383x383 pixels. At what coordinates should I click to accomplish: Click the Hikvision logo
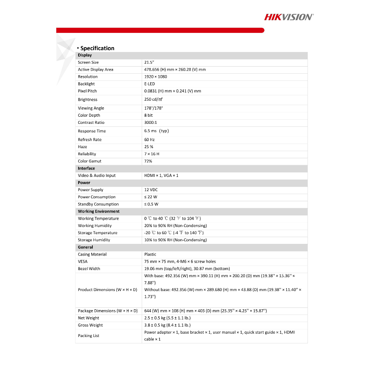click(289, 17)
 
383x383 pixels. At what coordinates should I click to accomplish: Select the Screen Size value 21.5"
click(149, 62)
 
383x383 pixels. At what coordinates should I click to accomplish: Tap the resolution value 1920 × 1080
click(156, 77)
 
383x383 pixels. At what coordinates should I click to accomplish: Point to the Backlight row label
click(86, 84)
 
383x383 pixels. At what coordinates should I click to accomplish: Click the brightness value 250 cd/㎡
click(153, 99)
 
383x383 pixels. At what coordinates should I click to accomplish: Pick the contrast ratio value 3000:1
click(150, 123)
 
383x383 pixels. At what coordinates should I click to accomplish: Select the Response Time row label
click(92, 131)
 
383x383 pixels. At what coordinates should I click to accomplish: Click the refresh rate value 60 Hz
click(149, 140)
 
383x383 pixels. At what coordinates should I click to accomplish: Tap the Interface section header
click(86, 168)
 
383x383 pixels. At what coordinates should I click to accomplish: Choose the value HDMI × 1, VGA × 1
click(161, 175)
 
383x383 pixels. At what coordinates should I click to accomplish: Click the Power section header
click(84, 183)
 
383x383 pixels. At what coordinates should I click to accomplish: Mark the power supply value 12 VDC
click(151, 190)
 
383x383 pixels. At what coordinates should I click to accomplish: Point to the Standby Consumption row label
click(98, 204)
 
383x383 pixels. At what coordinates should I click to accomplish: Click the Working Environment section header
click(99, 211)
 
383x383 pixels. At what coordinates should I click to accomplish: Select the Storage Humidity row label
click(94, 240)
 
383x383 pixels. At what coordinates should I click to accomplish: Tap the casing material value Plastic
click(150, 254)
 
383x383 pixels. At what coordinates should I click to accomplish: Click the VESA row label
click(83, 261)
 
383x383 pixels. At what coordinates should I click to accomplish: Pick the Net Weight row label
click(89, 318)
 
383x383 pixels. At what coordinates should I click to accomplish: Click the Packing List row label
click(89, 336)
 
